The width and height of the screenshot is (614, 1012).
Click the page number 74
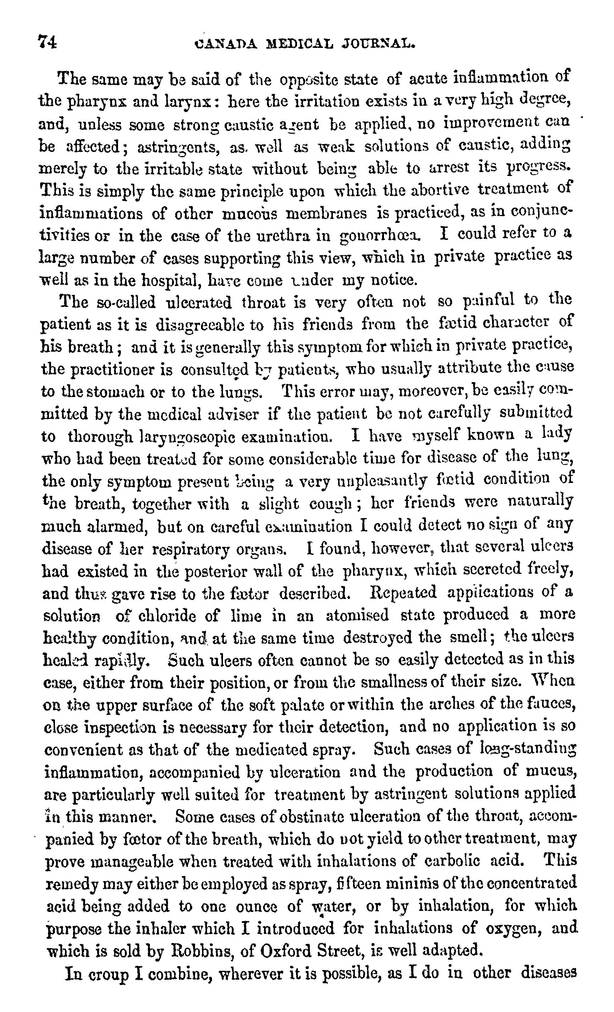coord(47,42)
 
